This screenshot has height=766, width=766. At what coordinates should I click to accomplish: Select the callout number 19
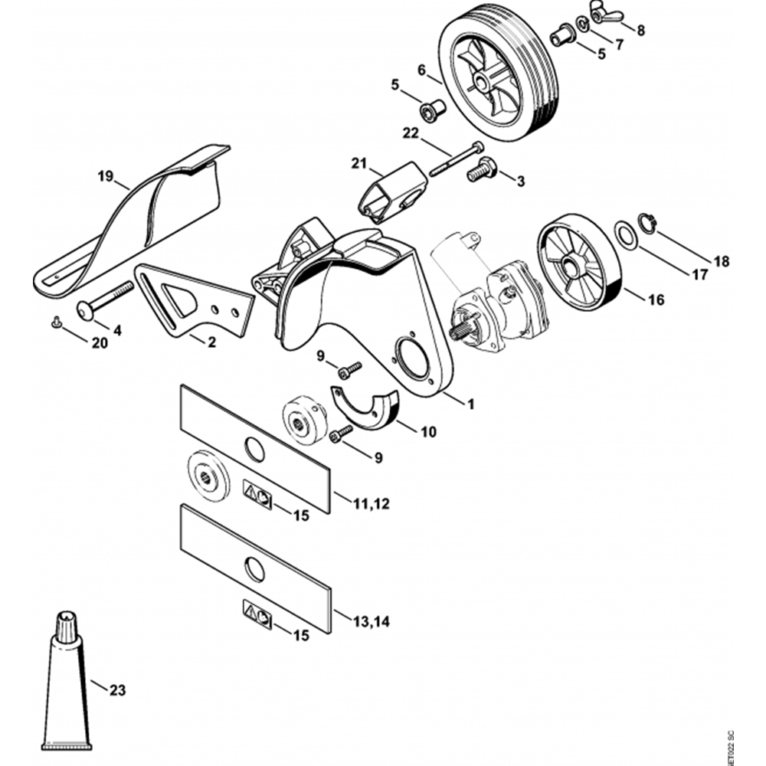106,175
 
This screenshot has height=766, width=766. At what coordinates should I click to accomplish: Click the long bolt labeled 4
104,301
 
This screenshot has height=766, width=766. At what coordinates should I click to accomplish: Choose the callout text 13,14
372,620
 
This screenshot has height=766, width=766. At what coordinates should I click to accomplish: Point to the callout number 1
470,404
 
